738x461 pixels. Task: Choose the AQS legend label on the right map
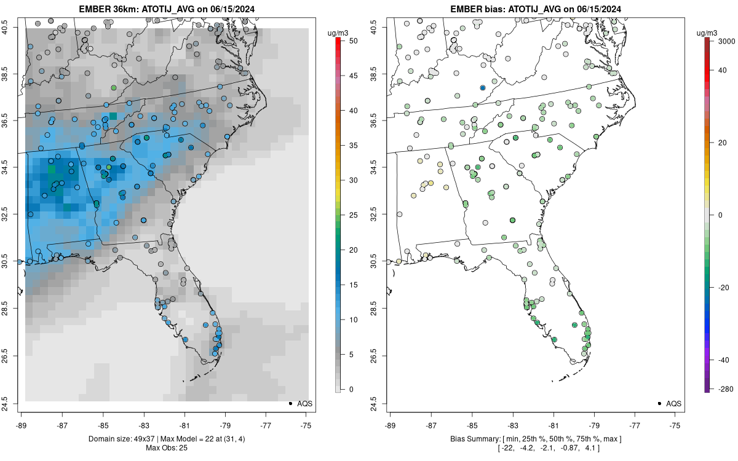(x=674, y=403)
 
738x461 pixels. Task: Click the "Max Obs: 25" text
(x=166, y=447)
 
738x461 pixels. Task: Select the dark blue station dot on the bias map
(x=483, y=88)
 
